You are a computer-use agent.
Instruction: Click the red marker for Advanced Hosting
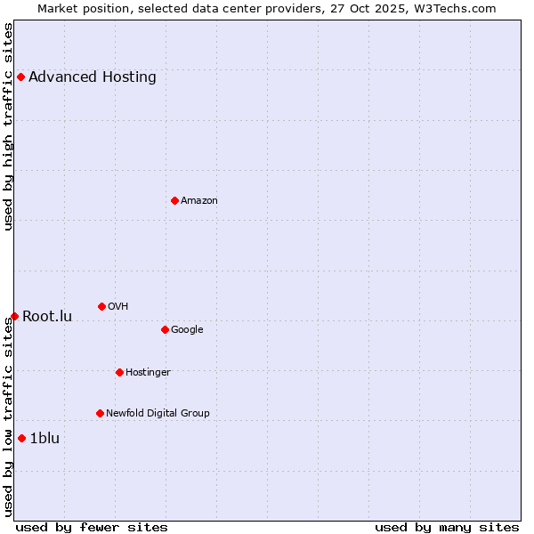point(20,77)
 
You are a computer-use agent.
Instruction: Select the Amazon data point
point(174,200)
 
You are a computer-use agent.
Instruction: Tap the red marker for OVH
point(101,306)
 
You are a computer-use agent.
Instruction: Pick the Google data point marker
point(165,329)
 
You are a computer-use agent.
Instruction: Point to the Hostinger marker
point(119,372)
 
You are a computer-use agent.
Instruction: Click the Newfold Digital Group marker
point(100,413)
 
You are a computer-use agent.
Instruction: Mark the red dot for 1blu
point(21,438)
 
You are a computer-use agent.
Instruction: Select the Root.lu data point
point(14,316)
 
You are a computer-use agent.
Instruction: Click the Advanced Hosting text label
point(93,77)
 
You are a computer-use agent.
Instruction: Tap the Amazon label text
point(199,200)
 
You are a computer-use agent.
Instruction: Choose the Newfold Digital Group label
point(158,413)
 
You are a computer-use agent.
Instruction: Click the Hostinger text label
point(148,372)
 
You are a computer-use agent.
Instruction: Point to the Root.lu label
point(47,316)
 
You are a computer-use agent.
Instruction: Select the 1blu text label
point(44,438)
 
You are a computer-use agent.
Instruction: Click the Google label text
point(187,329)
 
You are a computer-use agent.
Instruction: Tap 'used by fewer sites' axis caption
point(92,527)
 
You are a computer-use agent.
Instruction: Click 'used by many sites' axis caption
point(447,527)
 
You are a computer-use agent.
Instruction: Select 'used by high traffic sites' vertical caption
point(8,126)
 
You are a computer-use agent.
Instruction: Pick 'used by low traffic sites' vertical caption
point(8,417)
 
